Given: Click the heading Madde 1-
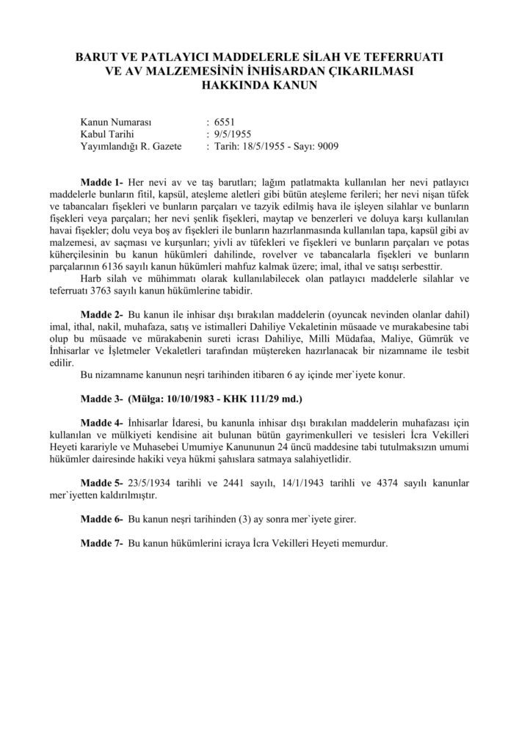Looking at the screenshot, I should (102, 181).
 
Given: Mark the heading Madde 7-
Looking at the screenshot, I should (102, 545).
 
